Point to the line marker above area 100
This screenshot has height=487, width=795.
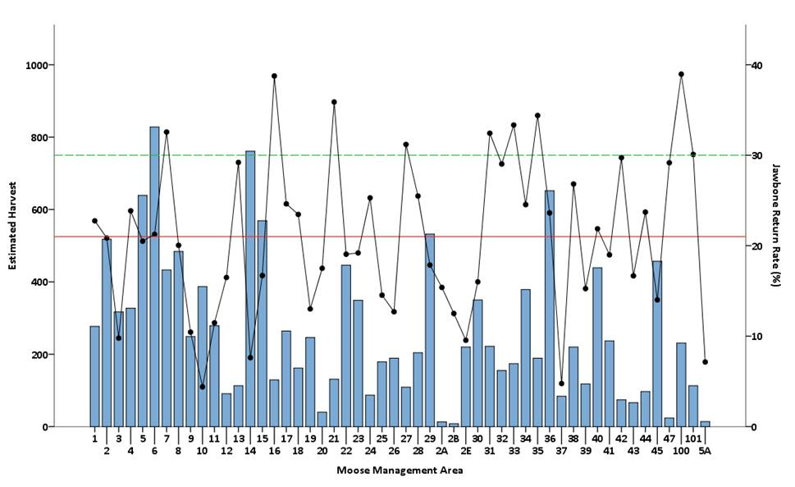point(681,74)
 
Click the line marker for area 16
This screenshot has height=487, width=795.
point(274,76)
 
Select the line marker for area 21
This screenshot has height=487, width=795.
point(334,102)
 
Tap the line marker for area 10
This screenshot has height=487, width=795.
point(202,386)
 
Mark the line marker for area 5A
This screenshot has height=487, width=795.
point(705,361)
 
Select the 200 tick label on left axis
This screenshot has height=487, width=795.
point(40,355)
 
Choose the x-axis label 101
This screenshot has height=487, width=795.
point(692,439)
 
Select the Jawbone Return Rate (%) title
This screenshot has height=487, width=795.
point(774,223)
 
